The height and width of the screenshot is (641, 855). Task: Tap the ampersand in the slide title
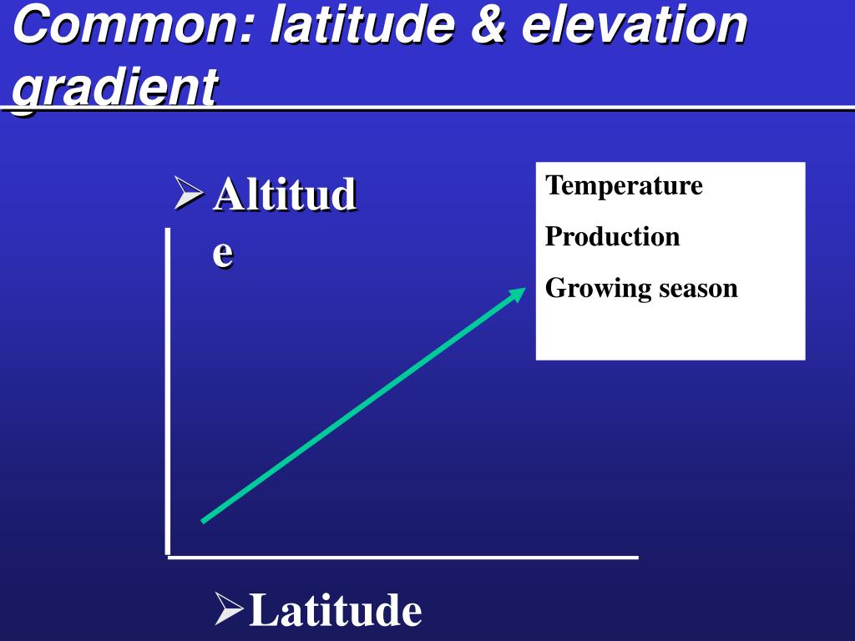point(488,24)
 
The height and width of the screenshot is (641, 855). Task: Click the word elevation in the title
point(635,24)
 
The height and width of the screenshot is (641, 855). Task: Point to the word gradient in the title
point(115,87)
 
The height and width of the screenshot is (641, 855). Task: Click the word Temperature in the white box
point(624,186)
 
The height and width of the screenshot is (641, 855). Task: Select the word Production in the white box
point(612,236)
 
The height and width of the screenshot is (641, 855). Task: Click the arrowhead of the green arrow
point(517,295)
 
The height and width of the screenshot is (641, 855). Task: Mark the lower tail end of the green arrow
point(202,522)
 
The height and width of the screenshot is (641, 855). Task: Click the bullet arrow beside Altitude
point(189,193)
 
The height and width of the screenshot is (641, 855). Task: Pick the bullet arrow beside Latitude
point(229,608)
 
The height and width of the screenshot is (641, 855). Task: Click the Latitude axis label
point(335,610)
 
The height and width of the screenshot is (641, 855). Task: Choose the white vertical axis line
point(168,392)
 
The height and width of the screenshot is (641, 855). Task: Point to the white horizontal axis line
point(403,558)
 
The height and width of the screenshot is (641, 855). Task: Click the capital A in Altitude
point(229,194)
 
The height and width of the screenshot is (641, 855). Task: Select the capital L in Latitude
point(264,609)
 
